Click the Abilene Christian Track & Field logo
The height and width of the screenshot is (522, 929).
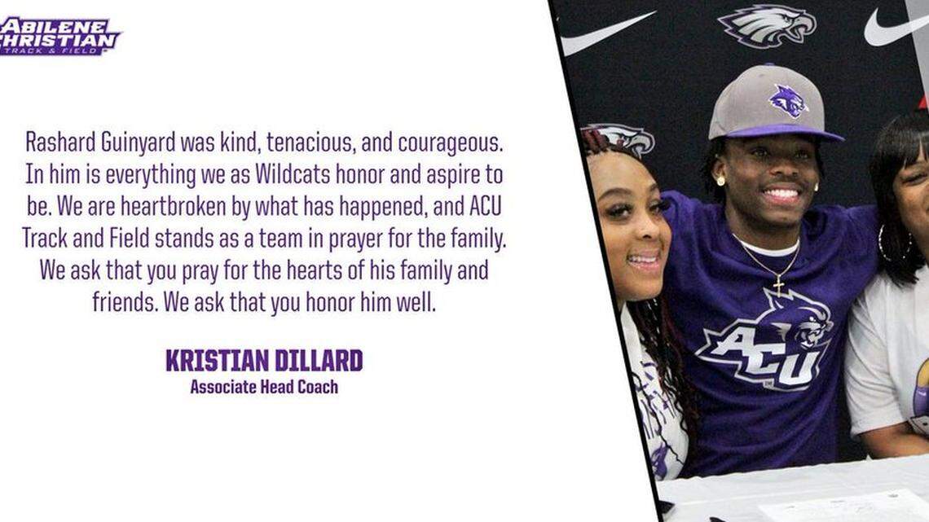(59, 35)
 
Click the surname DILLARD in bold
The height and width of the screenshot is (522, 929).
(315, 360)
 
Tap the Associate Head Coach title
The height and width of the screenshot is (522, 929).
(264, 387)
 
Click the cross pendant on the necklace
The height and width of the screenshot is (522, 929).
(777, 285)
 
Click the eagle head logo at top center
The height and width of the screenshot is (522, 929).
(766, 24)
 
